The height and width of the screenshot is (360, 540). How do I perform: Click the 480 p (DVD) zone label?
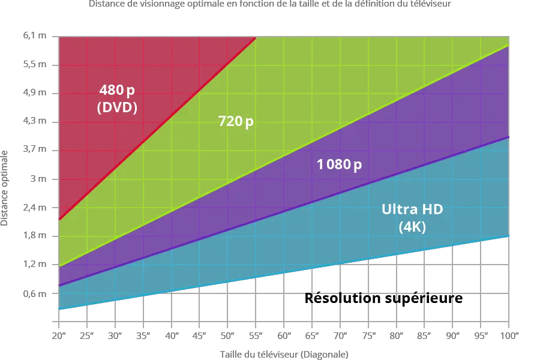click(x=118, y=99)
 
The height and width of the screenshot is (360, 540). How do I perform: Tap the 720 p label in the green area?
click(x=235, y=122)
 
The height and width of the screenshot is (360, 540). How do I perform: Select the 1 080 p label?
click(x=339, y=164)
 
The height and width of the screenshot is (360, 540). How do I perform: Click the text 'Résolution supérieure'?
click(x=384, y=298)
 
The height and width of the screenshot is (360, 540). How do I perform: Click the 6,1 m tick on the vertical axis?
click(x=35, y=37)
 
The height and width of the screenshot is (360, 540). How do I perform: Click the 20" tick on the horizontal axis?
click(x=58, y=335)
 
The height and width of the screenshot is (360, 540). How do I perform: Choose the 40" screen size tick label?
click(x=172, y=335)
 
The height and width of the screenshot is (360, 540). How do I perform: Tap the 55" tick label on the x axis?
click(x=256, y=335)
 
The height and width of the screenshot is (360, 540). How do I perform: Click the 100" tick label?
click(x=509, y=335)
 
